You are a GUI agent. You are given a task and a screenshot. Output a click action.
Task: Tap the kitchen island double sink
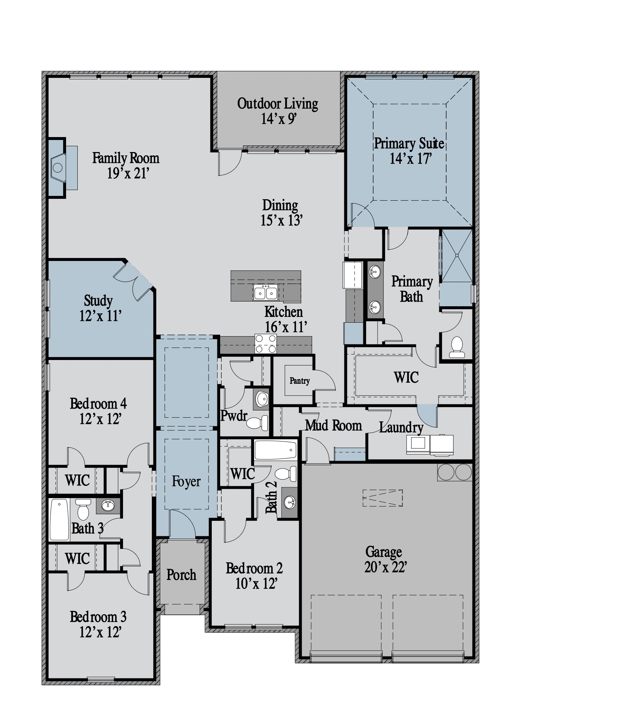pos(266,292)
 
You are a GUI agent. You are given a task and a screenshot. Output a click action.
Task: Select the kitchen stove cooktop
pos(266,344)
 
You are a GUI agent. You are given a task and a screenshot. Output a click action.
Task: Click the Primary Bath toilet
pos(457,348)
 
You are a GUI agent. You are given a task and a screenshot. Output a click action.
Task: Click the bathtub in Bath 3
pos(59,519)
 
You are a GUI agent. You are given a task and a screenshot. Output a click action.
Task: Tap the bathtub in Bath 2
pos(276,450)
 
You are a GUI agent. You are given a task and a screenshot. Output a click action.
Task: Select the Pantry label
pos(300,381)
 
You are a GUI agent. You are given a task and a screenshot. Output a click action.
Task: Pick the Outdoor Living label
pos(277,103)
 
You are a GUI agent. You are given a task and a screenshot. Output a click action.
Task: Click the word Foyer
pos(186,482)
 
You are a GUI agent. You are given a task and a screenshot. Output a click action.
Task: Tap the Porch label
pos(181,575)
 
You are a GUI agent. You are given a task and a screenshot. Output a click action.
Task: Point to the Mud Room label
pos(333,425)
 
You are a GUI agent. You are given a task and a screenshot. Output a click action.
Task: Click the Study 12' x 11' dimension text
pos(100,315)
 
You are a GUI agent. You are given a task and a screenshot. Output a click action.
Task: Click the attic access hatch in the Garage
pos(382,498)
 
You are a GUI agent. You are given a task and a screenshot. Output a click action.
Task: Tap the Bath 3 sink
pos(108,506)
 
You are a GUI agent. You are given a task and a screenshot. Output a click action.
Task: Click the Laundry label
pos(401,427)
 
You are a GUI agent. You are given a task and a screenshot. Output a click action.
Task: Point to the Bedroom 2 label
pos(254,568)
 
